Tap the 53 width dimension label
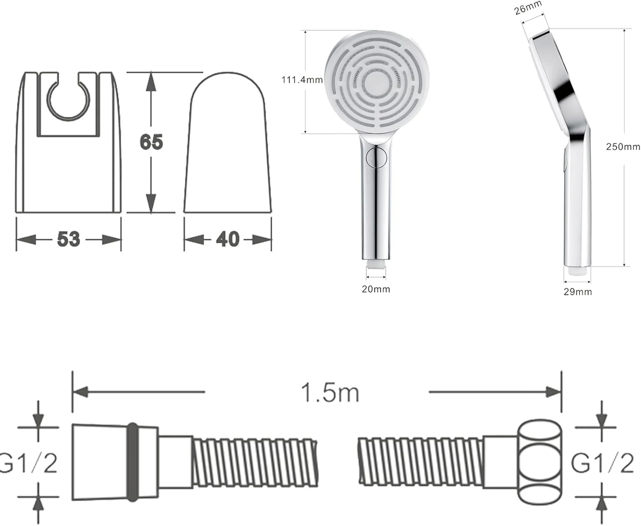[69, 239]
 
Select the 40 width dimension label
[228, 239]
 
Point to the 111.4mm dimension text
[302, 80]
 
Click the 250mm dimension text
[623, 147]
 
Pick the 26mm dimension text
[528, 8]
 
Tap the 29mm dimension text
[578, 292]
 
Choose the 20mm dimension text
[376, 289]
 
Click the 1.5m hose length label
[330, 393]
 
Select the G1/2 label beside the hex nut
[603, 463]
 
